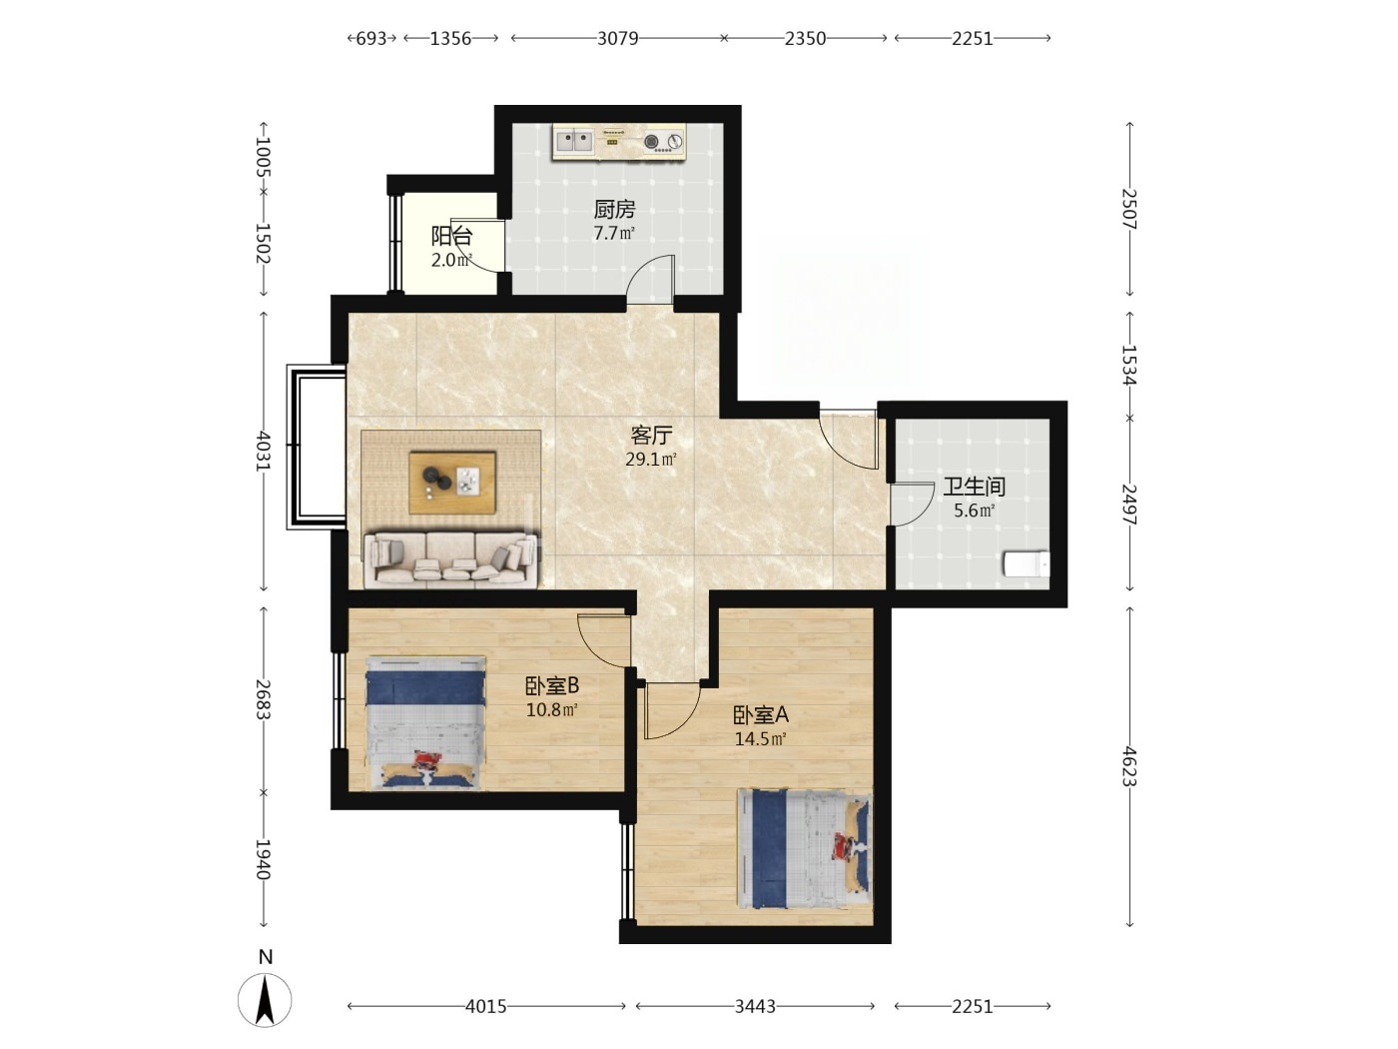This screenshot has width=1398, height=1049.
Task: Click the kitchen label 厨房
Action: (614, 209)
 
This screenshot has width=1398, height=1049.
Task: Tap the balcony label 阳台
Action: (451, 236)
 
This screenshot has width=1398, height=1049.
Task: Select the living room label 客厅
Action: (651, 435)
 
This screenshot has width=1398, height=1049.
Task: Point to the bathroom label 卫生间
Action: (974, 487)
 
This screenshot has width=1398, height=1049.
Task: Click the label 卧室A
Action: (761, 715)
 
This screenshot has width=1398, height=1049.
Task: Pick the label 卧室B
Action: (551, 685)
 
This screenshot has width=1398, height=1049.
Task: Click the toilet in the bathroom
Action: (1027, 563)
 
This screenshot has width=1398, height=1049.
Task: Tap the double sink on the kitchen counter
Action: (574, 142)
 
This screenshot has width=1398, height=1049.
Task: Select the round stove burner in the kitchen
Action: (651, 142)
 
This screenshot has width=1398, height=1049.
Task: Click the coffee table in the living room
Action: (452, 483)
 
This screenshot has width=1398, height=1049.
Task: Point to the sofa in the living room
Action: (451, 559)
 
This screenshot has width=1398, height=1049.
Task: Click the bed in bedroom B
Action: (426, 723)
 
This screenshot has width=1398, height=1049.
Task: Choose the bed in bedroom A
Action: (804, 848)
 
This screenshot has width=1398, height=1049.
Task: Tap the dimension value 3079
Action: (617, 39)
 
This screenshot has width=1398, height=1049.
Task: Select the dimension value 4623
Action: (1128, 766)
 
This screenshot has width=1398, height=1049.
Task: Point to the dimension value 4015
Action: (486, 1006)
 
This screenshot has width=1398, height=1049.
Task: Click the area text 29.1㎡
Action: (651, 459)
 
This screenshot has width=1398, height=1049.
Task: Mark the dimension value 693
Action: (370, 39)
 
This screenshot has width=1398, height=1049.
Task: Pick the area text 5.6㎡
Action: (974, 511)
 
